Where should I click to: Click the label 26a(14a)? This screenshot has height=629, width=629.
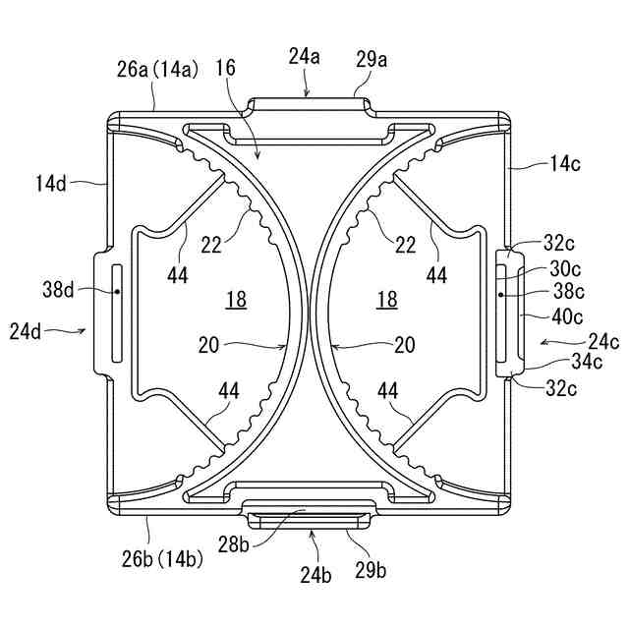click(x=158, y=69)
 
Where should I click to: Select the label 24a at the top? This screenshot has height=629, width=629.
click(x=305, y=57)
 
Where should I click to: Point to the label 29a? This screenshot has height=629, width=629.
click(x=372, y=60)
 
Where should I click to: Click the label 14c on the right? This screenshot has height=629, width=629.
click(x=564, y=164)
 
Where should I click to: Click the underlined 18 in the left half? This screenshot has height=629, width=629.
click(x=236, y=300)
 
